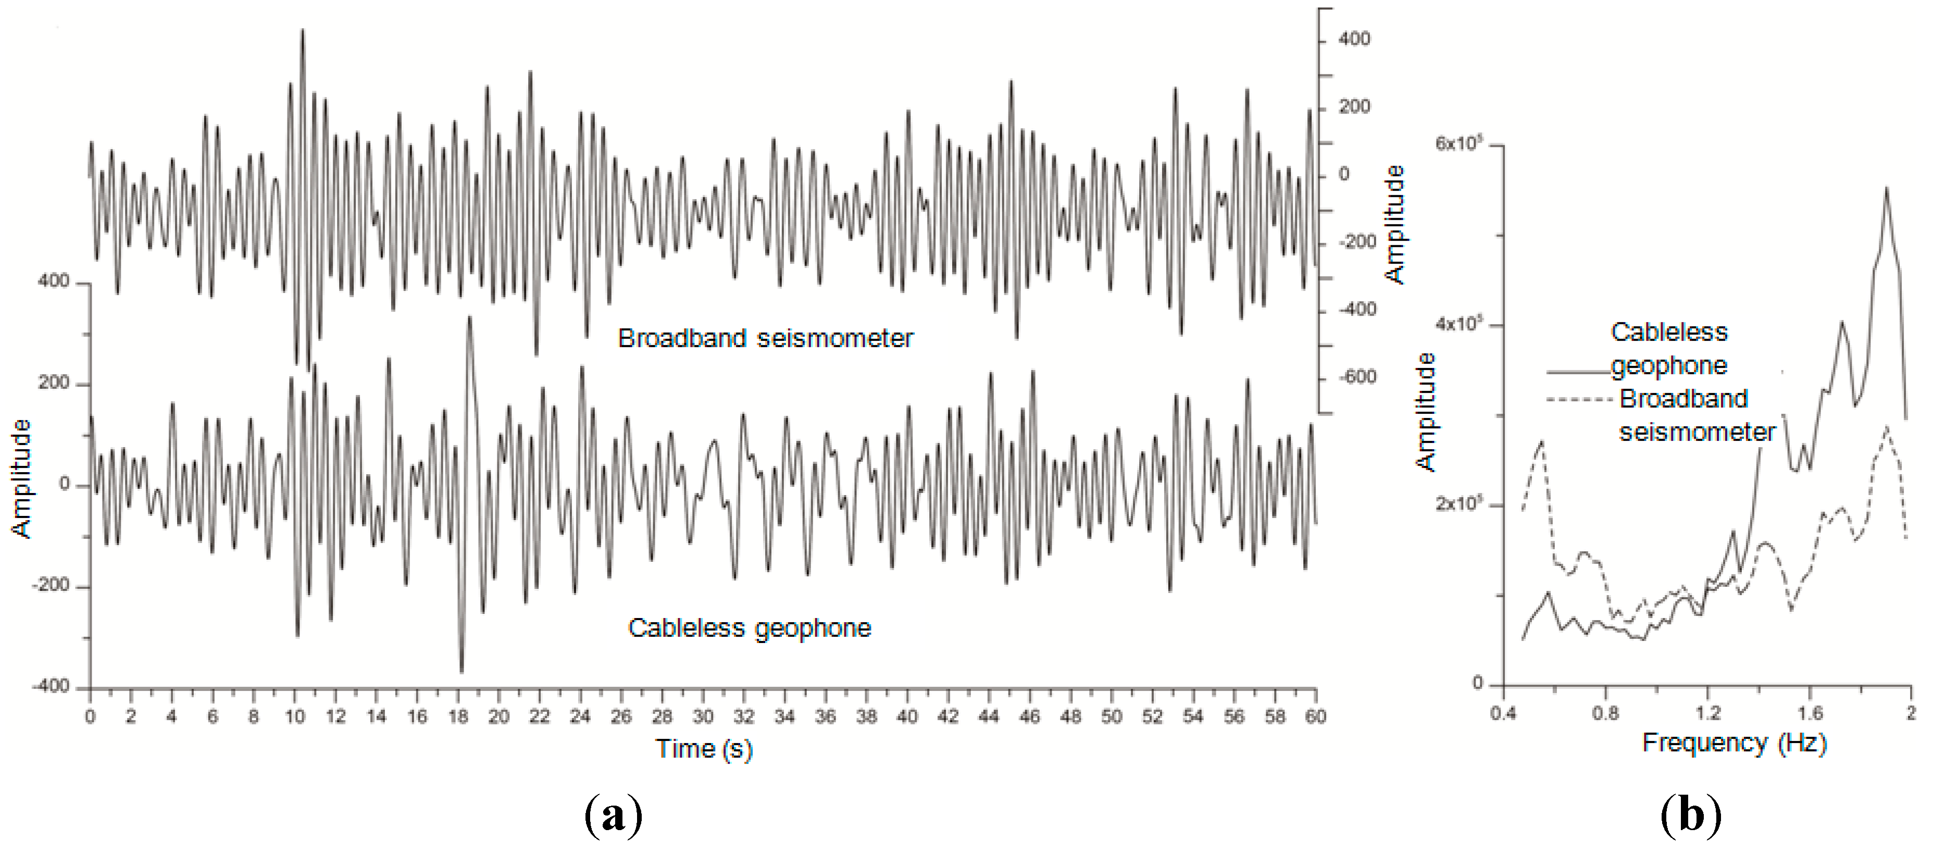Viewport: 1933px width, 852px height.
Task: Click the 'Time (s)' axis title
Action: tap(703, 748)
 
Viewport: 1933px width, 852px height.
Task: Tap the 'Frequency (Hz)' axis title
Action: tap(1734, 743)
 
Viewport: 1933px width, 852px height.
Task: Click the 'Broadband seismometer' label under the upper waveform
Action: tap(765, 339)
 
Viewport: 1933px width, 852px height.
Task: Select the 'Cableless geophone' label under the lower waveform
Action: tap(750, 627)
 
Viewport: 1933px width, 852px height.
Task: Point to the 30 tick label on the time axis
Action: tap(702, 716)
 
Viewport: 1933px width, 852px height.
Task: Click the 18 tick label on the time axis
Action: tap(458, 716)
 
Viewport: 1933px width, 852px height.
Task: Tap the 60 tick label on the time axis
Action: tap(1315, 716)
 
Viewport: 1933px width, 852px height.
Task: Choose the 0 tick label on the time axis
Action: tap(90, 716)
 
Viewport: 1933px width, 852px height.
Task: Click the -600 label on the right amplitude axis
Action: tap(1357, 377)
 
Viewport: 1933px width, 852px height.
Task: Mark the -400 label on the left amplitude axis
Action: tap(51, 686)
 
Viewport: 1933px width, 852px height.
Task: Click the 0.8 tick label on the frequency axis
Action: tap(1605, 712)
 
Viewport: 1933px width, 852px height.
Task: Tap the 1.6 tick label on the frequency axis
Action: tap(1810, 712)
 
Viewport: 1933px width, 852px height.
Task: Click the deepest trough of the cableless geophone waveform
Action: tap(462, 671)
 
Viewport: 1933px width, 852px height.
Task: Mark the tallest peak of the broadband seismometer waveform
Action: tap(303, 31)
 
